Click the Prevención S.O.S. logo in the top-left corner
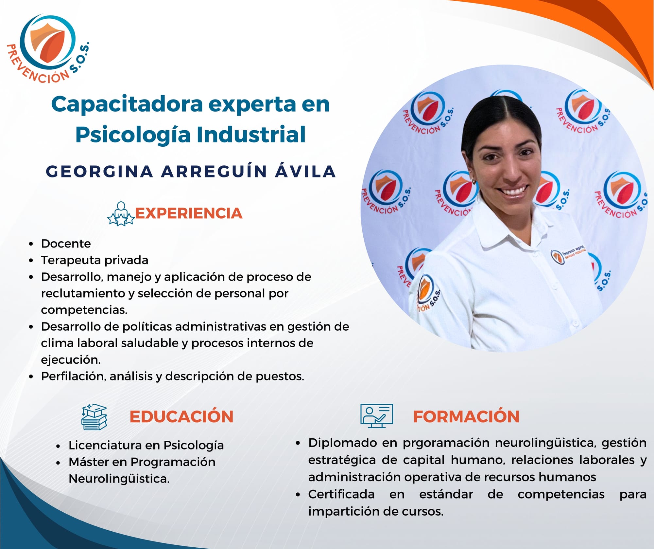[x=48, y=48]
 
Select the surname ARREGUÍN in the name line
[x=214, y=172]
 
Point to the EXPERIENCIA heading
[x=189, y=213]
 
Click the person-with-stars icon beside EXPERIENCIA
[x=121, y=214]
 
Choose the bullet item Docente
[x=66, y=244]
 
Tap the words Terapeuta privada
[x=95, y=260]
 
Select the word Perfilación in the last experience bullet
[x=74, y=376]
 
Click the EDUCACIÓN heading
[x=181, y=417]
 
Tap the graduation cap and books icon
[x=94, y=417]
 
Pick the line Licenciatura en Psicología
[x=146, y=446]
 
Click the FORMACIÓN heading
[x=466, y=417]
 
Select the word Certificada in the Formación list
[x=341, y=494]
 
